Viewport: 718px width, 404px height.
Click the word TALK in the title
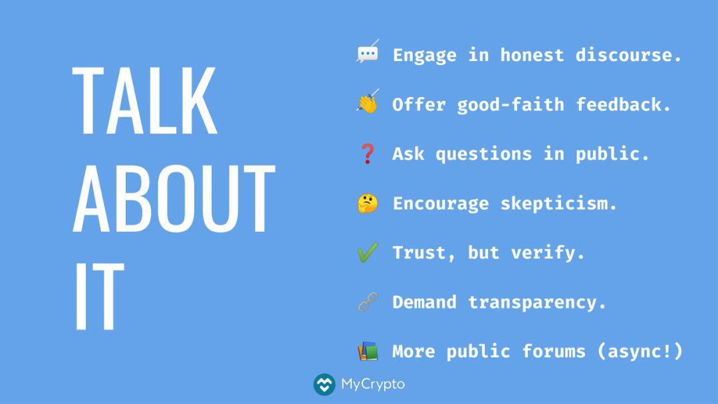(x=145, y=100)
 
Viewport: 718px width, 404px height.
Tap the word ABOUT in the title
(x=174, y=199)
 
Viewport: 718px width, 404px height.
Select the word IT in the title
(x=99, y=296)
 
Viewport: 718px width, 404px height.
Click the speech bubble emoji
(x=368, y=52)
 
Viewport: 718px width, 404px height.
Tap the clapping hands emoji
(x=368, y=102)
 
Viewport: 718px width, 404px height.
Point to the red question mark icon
(x=368, y=153)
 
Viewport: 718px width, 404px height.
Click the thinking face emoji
(x=368, y=203)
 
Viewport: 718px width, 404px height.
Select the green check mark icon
(x=368, y=252)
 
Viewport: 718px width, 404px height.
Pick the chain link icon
(x=368, y=302)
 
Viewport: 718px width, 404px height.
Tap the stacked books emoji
(x=368, y=352)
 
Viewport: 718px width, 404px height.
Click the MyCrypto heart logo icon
(x=324, y=384)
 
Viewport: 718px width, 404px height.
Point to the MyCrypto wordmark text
(x=373, y=384)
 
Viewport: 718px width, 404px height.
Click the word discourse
(x=629, y=55)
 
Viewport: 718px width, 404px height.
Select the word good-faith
(x=511, y=105)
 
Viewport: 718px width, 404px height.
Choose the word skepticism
(x=558, y=203)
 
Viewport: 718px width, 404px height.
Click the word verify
(x=548, y=253)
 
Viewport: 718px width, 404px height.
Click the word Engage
(x=424, y=56)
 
